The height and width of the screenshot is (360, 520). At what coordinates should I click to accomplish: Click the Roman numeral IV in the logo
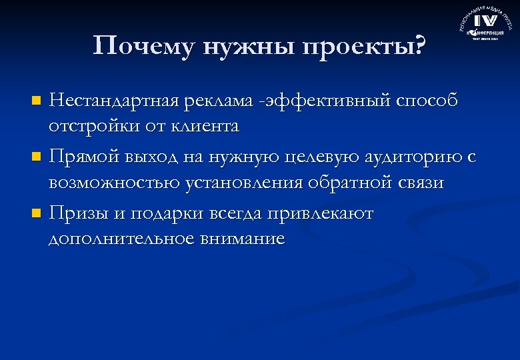[x=485, y=21]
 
